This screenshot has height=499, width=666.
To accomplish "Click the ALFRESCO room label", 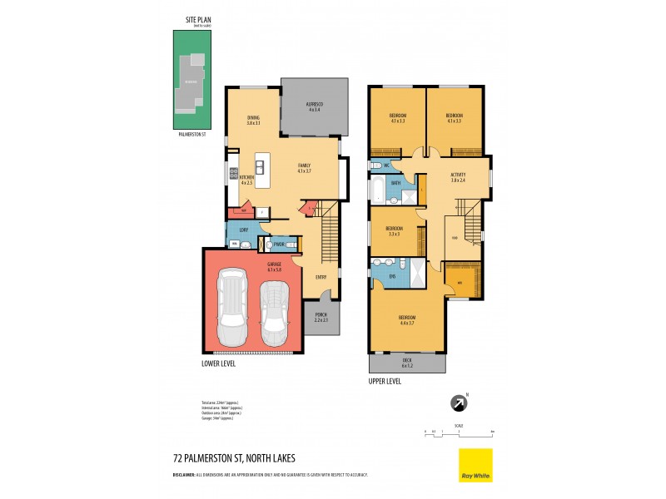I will point(315,106).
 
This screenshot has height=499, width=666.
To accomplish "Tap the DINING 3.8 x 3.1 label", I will point(253,121).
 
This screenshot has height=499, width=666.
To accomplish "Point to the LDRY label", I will point(244,229).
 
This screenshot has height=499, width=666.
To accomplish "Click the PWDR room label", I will point(279,244).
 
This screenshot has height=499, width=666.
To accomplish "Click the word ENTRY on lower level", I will point(321,277).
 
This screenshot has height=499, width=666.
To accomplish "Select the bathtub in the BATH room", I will point(378,190).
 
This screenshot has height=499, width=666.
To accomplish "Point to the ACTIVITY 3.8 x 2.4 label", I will point(457,178).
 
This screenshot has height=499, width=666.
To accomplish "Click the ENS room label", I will point(392,276).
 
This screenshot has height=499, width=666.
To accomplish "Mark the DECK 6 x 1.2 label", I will point(407,362).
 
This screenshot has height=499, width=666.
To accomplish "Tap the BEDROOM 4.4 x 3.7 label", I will point(407,319).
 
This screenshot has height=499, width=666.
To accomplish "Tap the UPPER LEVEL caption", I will point(385,381).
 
